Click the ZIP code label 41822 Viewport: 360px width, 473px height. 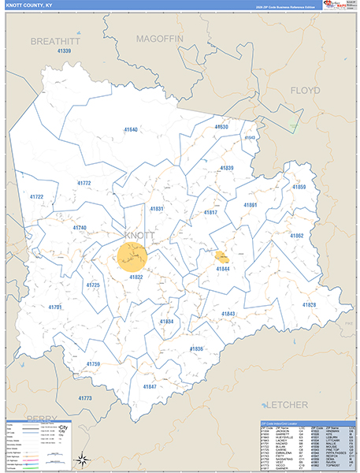pyautogui.click(x=135, y=277)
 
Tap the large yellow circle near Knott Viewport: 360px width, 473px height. pyautogui.click(x=132, y=257)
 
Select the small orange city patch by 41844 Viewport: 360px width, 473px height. pyautogui.click(x=221, y=256)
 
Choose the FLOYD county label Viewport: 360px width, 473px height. pyautogui.click(x=305, y=91)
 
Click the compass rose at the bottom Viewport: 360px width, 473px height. pyautogui.click(x=80, y=459)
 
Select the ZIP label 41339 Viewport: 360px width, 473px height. pyautogui.click(x=65, y=51)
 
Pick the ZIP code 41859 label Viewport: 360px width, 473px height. pyautogui.click(x=299, y=187)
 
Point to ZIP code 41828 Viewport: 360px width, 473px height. pyautogui.click(x=309, y=304)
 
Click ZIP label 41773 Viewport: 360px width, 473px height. pyautogui.click(x=85, y=398)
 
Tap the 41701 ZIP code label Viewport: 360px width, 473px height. pyautogui.click(x=54, y=307)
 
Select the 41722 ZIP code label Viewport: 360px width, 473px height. pyautogui.click(x=36, y=196)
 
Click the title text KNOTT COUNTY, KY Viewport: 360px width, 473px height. pyautogui.click(x=28, y=6)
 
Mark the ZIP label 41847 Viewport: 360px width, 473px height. pyautogui.click(x=150, y=387)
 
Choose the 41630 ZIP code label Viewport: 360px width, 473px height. pyautogui.click(x=221, y=126)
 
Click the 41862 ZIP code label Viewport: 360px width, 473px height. pyautogui.click(x=296, y=236)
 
